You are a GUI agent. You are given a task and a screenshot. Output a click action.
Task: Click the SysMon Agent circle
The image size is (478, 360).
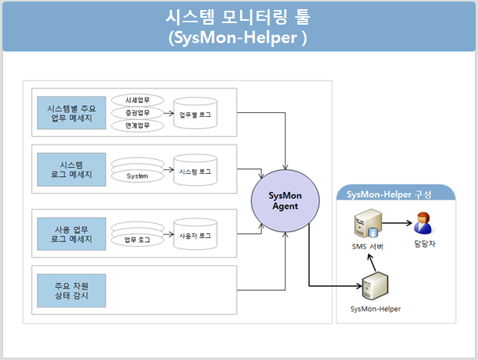click(x=286, y=201)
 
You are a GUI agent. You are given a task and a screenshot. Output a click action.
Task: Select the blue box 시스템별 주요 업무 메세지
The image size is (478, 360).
click(x=72, y=113)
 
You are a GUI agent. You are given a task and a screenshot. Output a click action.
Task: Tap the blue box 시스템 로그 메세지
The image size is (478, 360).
click(x=72, y=170)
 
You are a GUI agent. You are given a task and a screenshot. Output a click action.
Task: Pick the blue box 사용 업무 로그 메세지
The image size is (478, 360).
click(x=72, y=234)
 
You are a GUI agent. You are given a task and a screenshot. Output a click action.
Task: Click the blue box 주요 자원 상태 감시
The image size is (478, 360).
click(x=72, y=291)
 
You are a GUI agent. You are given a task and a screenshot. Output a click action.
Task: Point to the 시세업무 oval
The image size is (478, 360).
click(x=138, y=100)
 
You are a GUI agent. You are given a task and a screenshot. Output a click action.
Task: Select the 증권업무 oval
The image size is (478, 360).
click(x=138, y=113)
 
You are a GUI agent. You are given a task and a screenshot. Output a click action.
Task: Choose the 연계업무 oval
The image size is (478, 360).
click(x=138, y=125)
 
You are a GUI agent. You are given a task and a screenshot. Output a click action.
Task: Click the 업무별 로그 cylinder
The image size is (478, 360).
click(x=196, y=113)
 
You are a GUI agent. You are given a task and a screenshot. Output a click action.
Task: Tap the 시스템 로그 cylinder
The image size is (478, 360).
click(x=196, y=170)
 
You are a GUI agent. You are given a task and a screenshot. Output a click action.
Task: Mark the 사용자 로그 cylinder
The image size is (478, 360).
click(x=196, y=234)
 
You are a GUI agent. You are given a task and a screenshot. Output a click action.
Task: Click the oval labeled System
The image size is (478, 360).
click(x=138, y=176)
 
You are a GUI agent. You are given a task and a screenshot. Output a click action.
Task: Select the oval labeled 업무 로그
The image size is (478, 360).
click(x=138, y=240)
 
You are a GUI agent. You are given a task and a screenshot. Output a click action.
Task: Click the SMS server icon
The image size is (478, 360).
click(x=368, y=223)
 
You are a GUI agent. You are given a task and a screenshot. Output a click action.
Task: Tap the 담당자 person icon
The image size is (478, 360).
click(x=423, y=223)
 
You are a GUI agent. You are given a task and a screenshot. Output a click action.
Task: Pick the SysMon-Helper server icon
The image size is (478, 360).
click(x=375, y=286)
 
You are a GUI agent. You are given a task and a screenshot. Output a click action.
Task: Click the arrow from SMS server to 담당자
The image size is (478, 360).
click(x=397, y=223)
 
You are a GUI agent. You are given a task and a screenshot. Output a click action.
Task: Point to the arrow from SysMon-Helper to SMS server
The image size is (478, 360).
click(x=372, y=262)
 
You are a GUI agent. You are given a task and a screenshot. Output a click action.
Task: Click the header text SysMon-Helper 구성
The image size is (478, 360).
click(x=389, y=195)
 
